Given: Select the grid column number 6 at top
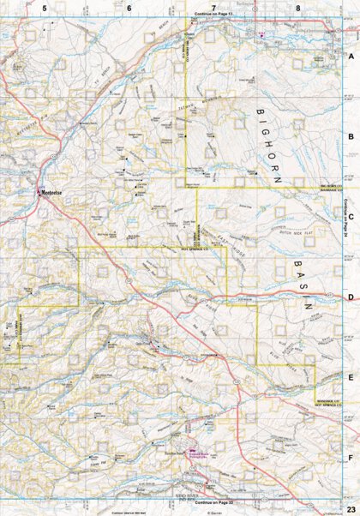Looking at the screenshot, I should coord(129,8).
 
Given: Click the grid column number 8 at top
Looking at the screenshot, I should coord(297,8).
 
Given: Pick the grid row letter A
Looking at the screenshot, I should coord(351,54).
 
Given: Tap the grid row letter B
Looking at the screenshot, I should coord(351,135).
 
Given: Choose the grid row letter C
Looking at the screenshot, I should coord(351,216).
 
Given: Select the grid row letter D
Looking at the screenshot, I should coord(351,297).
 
